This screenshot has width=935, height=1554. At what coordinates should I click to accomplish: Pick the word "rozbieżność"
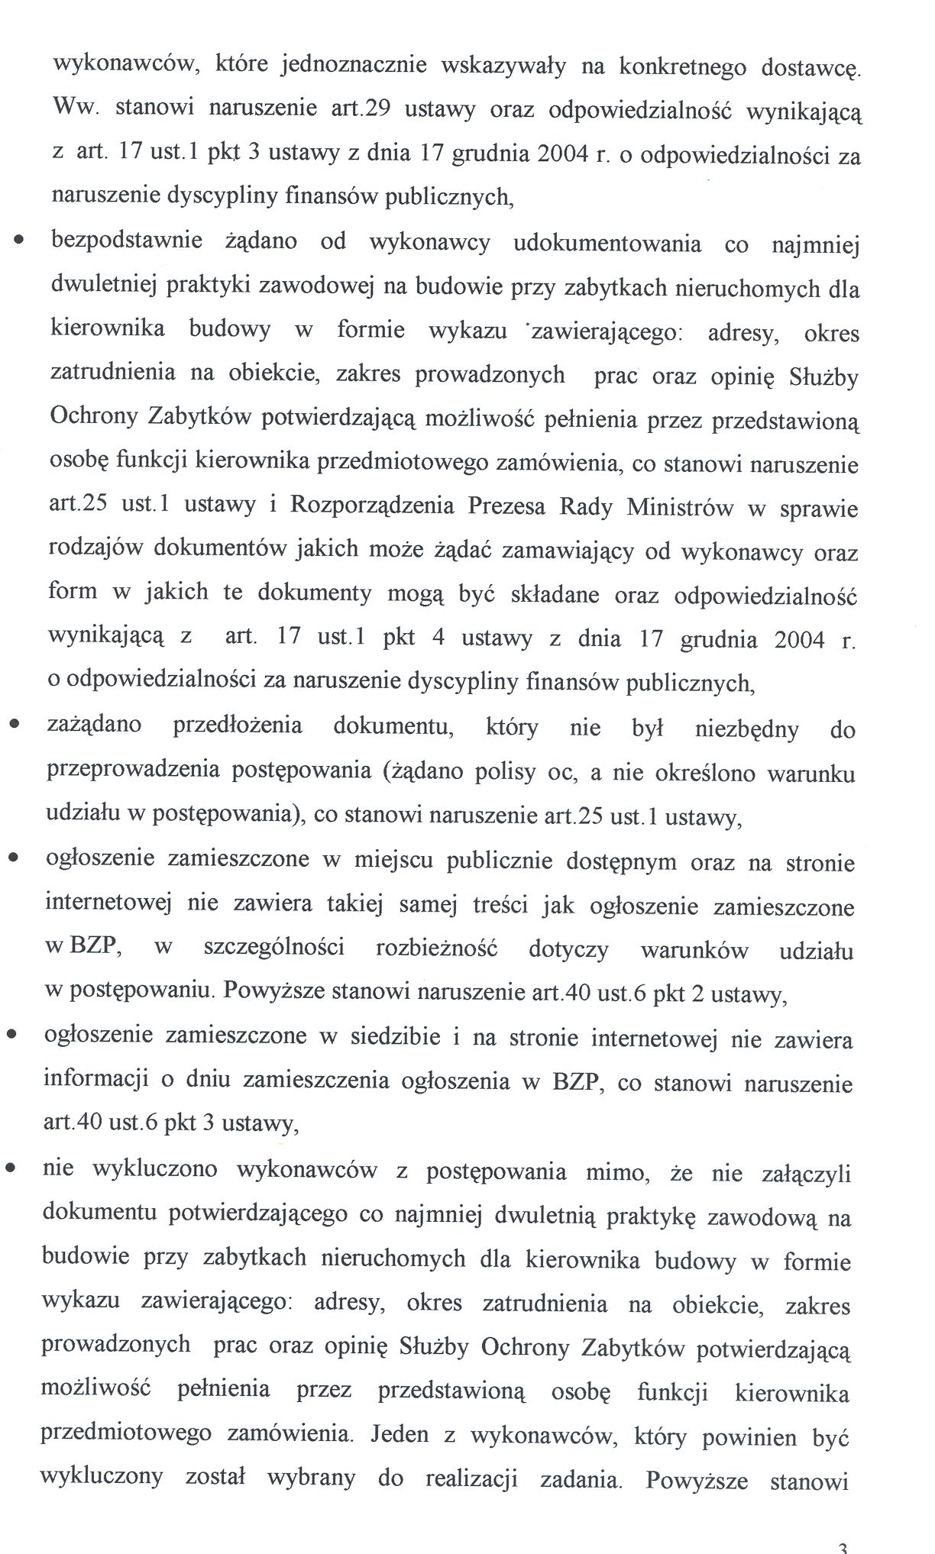pyautogui.click(x=437, y=949)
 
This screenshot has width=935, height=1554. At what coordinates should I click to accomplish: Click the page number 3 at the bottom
pyautogui.click(x=842, y=1548)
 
